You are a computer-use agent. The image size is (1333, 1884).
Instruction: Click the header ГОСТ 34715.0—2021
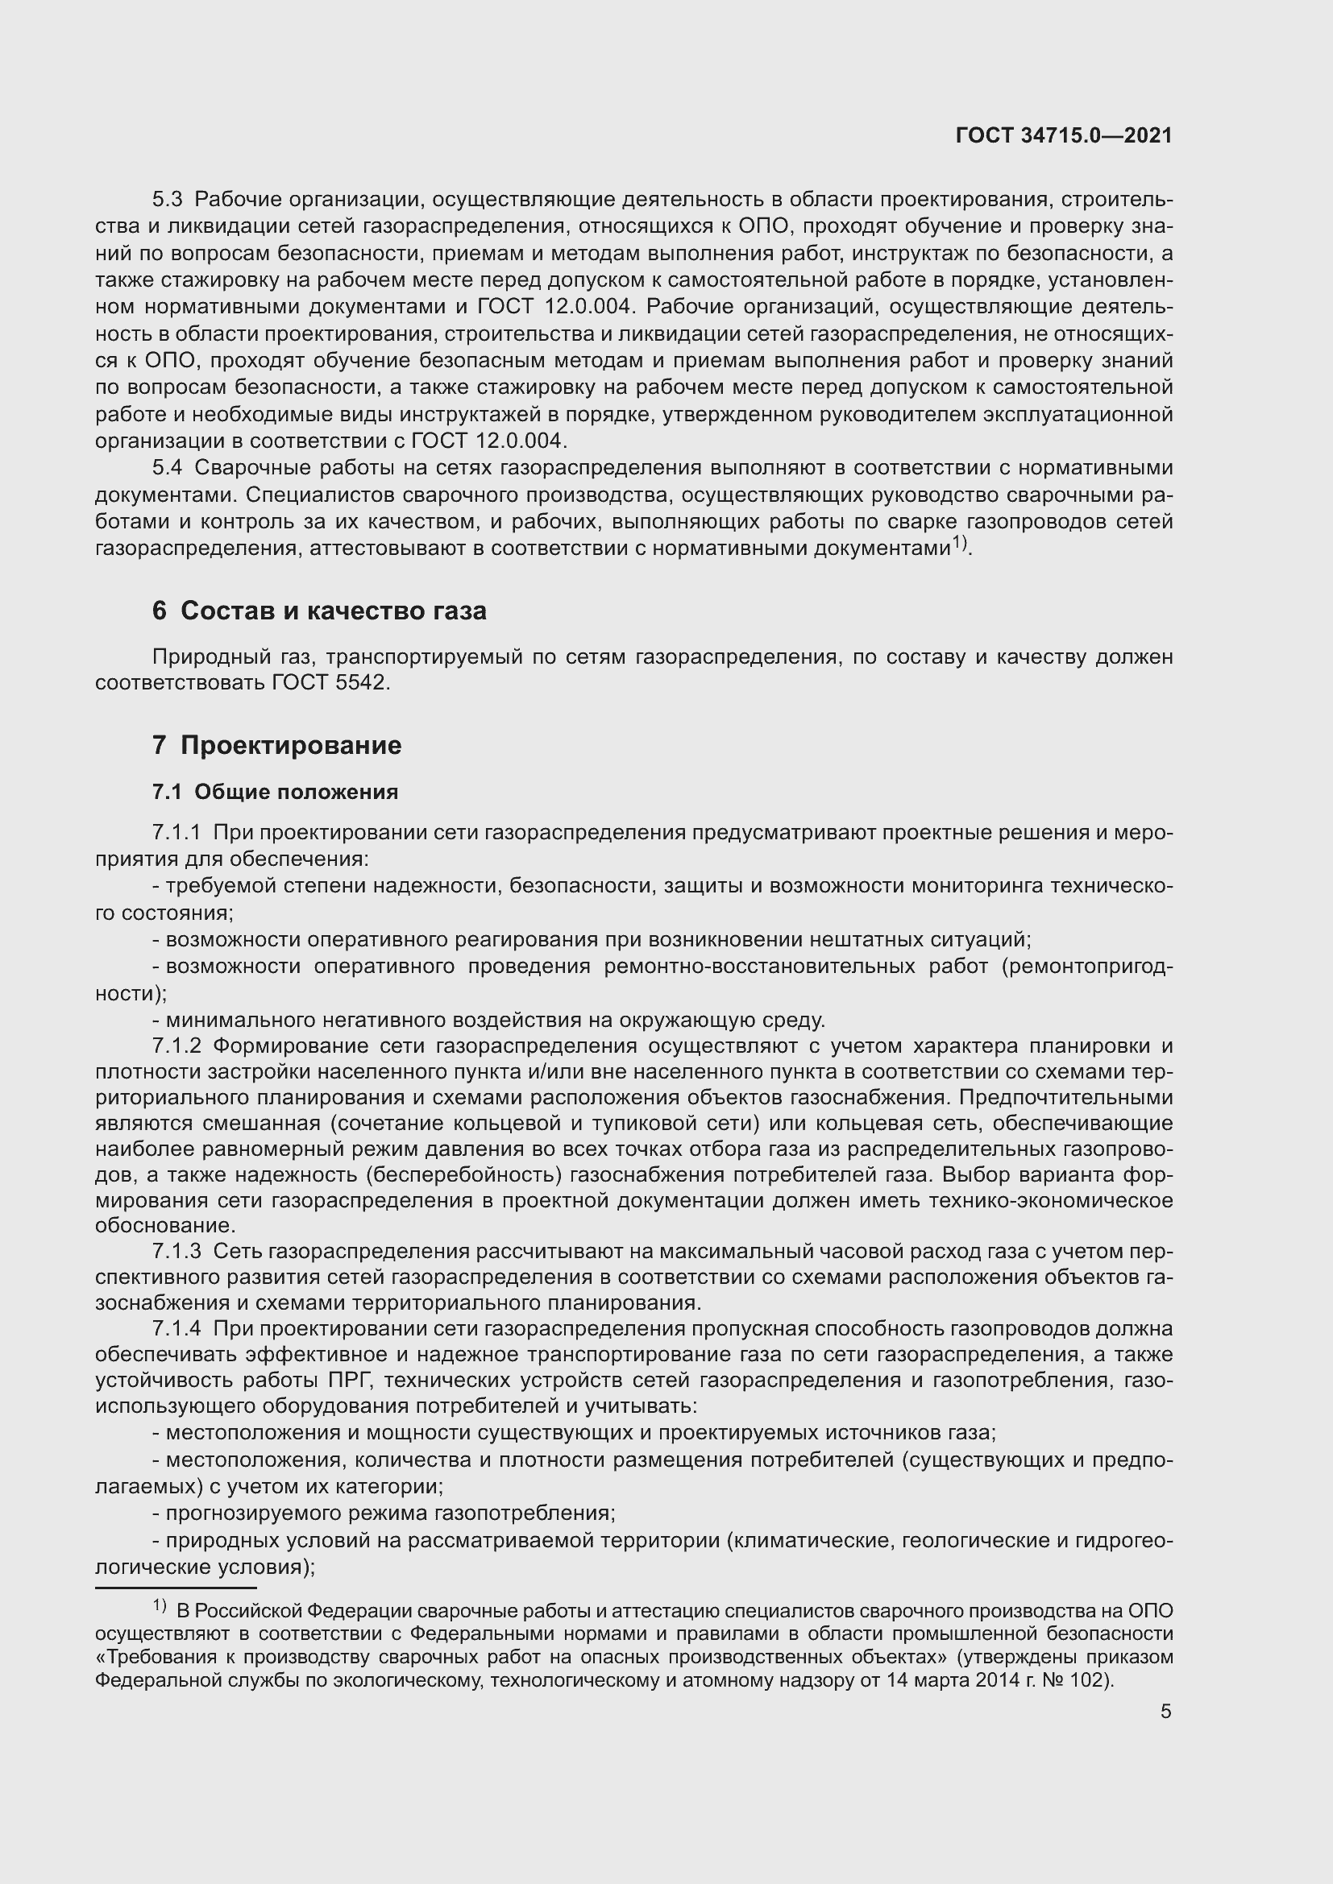[1064, 136]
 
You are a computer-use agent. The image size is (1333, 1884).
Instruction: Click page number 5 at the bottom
[1165, 1711]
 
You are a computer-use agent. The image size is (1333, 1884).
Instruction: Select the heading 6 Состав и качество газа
[319, 611]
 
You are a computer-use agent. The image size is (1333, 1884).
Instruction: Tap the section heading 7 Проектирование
[276, 746]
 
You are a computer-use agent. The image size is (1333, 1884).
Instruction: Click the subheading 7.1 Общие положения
[275, 792]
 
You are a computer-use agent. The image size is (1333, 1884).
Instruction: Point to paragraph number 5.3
[168, 201]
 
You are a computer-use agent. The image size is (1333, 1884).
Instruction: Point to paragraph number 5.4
[168, 469]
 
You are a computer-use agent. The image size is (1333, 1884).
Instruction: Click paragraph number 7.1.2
[176, 1046]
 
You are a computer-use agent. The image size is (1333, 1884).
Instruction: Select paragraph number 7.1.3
[176, 1253]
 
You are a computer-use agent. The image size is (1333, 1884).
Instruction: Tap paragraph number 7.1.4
[176, 1329]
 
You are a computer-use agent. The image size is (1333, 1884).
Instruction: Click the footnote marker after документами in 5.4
[960, 543]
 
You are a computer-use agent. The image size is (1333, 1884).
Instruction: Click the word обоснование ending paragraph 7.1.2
[164, 1226]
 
